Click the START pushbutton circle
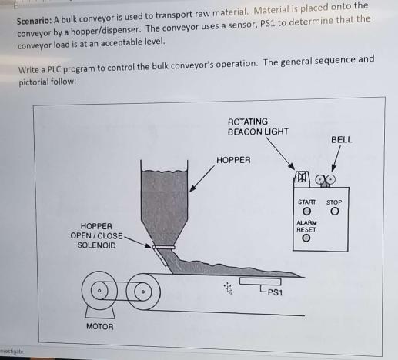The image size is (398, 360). point(306,212)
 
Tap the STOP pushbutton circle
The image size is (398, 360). point(335,212)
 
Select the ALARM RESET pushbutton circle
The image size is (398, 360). point(306,239)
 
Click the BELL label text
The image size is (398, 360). point(341,140)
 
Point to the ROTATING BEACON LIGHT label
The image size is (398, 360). point(258,127)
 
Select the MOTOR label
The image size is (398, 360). point(100,327)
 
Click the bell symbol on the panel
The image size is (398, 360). point(326,181)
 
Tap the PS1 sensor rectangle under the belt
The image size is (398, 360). point(258,282)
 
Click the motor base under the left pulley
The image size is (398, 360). point(100,312)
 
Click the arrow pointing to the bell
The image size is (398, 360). point(333,163)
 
